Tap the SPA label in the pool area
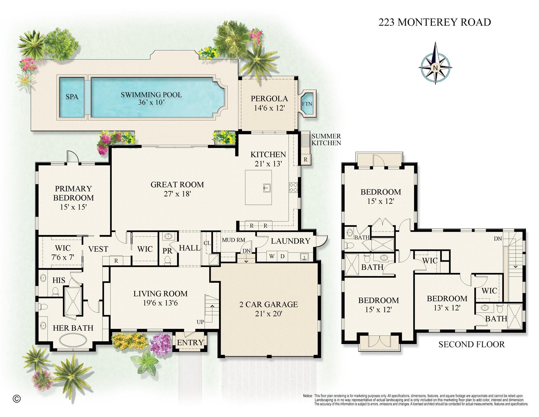(x=72, y=97)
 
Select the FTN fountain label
(x=307, y=104)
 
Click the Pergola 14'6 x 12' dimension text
(x=269, y=108)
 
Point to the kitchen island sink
(x=267, y=187)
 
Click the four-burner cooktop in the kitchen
(x=293, y=187)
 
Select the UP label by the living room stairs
(x=200, y=322)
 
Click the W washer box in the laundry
(x=272, y=256)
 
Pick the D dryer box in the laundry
(x=282, y=256)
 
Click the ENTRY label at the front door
(x=190, y=343)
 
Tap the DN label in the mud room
(x=246, y=251)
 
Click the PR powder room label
(x=167, y=251)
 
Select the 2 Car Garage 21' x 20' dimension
(x=269, y=314)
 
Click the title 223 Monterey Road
(x=435, y=22)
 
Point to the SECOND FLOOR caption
(x=471, y=344)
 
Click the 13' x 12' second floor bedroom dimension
(x=447, y=308)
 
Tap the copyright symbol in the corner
(x=17, y=399)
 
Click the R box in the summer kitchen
(x=305, y=160)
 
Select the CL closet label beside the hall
(x=207, y=243)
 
